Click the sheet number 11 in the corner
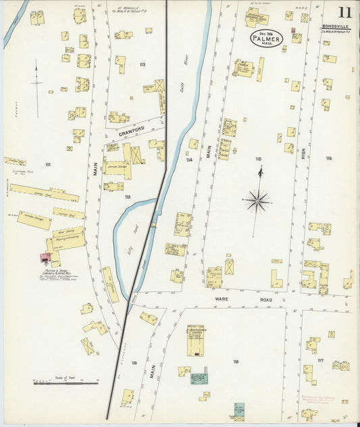tap(344, 12)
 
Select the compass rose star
tap(257, 200)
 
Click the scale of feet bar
tap(66, 383)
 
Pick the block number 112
tap(142, 65)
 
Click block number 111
tap(48, 165)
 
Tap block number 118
tap(236, 361)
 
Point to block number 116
tap(328, 159)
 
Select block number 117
tap(320, 361)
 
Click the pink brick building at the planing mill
tap(45, 257)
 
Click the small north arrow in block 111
tap(36, 88)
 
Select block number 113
tap(127, 197)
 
